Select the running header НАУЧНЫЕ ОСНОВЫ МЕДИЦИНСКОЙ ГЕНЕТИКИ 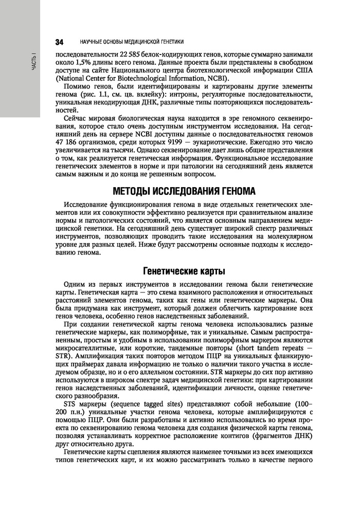[x=133, y=41]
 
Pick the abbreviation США [x=301, y=70]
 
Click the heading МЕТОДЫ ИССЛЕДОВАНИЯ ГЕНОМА [x=184, y=192]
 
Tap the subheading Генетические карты [x=184, y=270]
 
